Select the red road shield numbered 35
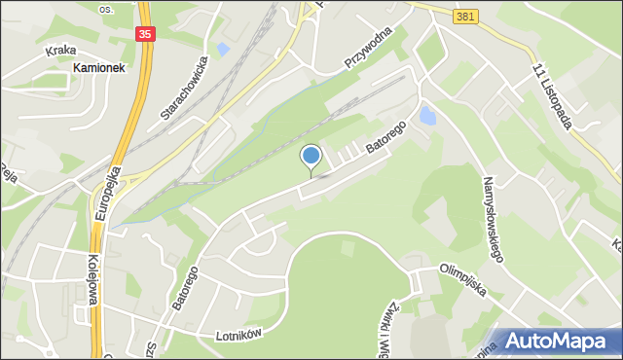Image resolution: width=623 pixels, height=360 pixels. (x=145, y=33)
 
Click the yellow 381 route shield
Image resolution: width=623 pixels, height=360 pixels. (x=465, y=18)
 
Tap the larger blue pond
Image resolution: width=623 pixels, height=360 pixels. (x=427, y=118)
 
